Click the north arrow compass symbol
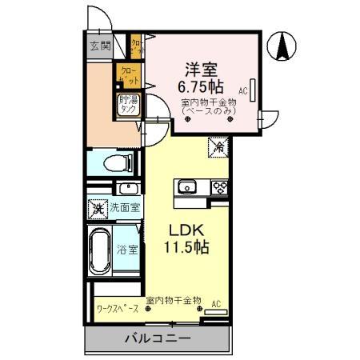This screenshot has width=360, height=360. [x=282, y=46]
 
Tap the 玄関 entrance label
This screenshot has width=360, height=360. [x=100, y=45]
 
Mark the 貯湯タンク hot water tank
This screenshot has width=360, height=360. [x=129, y=105]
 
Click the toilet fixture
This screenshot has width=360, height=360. [x=120, y=164]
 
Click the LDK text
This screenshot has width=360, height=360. [x=187, y=230]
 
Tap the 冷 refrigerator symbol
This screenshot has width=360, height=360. [x=218, y=146]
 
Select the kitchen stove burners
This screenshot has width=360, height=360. [x=218, y=187]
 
